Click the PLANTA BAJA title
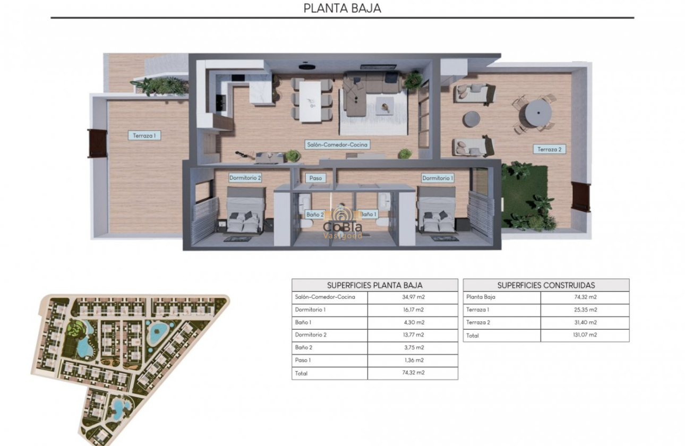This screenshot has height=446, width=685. click(x=342, y=8)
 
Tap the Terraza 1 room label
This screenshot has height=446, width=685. click(x=144, y=135)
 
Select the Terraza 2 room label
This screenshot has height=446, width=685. click(x=549, y=149)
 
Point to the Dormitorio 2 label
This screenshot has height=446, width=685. click(x=245, y=178)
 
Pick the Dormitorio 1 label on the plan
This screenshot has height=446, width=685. click(x=438, y=178)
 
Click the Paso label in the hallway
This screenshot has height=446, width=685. click(x=315, y=178)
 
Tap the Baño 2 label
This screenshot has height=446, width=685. click(x=315, y=215)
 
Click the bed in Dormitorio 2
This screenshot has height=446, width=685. click(x=245, y=210)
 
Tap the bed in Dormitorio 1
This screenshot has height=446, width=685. click(x=436, y=210)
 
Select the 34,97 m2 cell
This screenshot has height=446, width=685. click(x=412, y=297)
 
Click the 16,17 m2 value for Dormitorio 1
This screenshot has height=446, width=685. click(x=412, y=310)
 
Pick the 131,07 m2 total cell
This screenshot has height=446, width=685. click(x=585, y=336)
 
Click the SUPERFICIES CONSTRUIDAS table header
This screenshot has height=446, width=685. click(x=546, y=285)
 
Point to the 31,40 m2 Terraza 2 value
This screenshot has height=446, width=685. click(x=585, y=323)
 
